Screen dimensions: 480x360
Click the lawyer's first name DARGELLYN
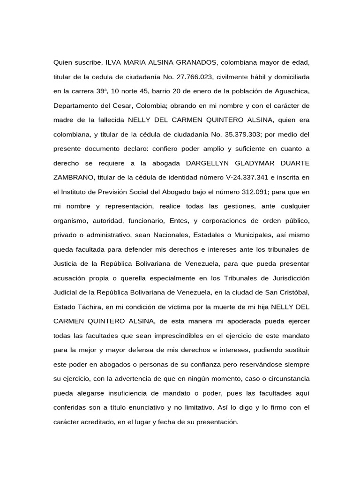[208, 163]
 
